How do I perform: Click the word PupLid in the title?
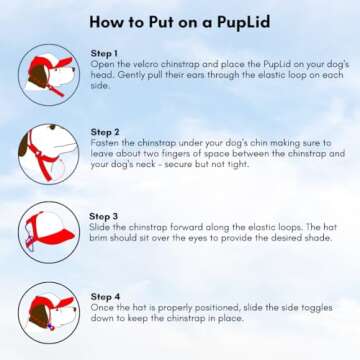coord(243,22)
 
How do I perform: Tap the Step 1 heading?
coord(104,53)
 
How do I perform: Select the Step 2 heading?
coord(105,132)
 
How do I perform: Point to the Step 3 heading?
coord(104,217)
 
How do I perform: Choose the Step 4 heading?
coord(105,297)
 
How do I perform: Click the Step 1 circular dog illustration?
coord(49,75)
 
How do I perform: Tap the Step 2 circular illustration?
coord(49,154)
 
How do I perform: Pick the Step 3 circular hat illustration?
coord(49,232)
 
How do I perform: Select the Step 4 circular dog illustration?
coord(49,313)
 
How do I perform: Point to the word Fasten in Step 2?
coord(101,143)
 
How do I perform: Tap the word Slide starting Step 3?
coord(98,228)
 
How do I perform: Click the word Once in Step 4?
coord(100,308)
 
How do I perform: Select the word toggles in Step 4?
coord(317,308)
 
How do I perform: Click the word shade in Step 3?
coord(320,238)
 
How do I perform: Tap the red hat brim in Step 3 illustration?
coord(57,237)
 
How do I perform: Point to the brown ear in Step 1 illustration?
coord(38,77)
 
